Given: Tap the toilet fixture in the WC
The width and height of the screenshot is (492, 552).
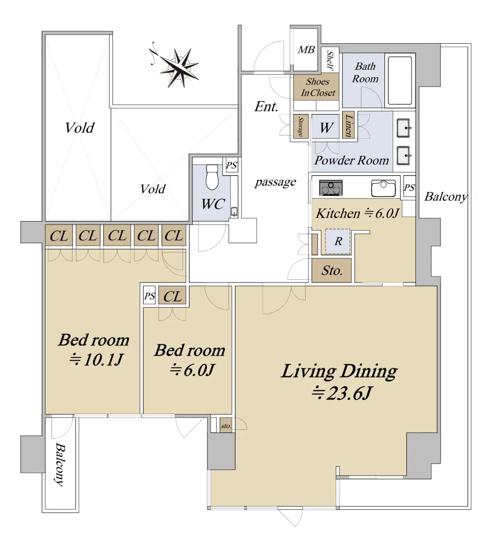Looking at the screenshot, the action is tap(212, 177).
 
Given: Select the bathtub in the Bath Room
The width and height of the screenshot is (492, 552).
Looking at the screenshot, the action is tap(400, 80).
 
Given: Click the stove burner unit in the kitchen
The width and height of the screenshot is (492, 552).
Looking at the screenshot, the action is tap(331, 188).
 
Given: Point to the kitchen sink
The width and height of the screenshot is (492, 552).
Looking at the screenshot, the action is tap(383, 188).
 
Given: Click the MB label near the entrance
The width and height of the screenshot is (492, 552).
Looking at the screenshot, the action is tap(306, 50).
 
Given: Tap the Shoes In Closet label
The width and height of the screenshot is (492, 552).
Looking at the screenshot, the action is tap(318, 87).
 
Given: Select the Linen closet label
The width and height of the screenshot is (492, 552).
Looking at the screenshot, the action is tap(349, 125).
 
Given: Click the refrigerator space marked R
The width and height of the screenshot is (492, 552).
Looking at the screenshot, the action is tap(338, 241).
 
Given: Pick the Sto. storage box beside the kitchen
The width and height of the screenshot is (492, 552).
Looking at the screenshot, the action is tap(331, 270).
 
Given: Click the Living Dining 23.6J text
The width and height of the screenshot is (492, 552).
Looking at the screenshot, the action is tap(339, 382).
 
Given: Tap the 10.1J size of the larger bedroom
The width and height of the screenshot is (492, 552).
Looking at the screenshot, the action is tap(96, 360).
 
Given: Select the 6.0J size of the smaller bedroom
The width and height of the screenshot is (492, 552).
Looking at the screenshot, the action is tap(192, 370).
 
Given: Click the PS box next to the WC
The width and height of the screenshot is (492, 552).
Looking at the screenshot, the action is tap(231, 166).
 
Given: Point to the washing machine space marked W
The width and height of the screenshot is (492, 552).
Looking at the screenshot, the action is tap(325, 127).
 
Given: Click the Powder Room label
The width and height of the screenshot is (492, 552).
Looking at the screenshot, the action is tap(351, 160).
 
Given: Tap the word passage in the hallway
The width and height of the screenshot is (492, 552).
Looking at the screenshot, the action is tap(275, 182).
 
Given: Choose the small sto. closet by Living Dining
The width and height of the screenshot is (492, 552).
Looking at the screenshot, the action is tap(226, 425).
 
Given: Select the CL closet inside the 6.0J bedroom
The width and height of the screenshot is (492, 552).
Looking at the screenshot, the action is tap(172, 296).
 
